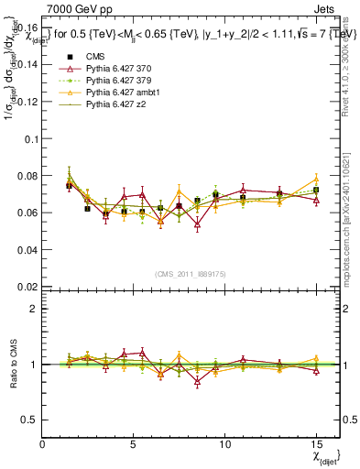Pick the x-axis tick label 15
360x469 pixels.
coord(316,443)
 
